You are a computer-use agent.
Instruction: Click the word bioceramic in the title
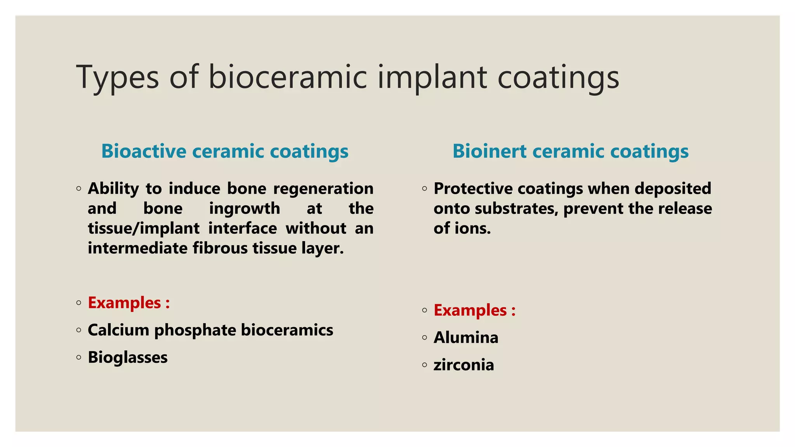click(288, 77)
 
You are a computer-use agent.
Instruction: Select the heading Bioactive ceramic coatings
click(225, 151)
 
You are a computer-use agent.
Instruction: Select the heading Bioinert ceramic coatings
click(570, 151)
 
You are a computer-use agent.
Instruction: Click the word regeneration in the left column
click(323, 189)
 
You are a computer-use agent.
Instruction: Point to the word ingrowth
click(244, 209)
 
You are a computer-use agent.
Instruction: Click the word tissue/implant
click(143, 229)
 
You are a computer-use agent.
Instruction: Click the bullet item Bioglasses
click(127, 357)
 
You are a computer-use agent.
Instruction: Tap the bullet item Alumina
click(465, 338)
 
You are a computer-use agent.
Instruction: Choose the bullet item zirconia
click(463, 365)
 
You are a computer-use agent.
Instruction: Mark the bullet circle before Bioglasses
click(79, 357)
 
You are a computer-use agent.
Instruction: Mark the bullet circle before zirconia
click(424, 365)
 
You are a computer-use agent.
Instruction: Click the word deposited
click(672, 189)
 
